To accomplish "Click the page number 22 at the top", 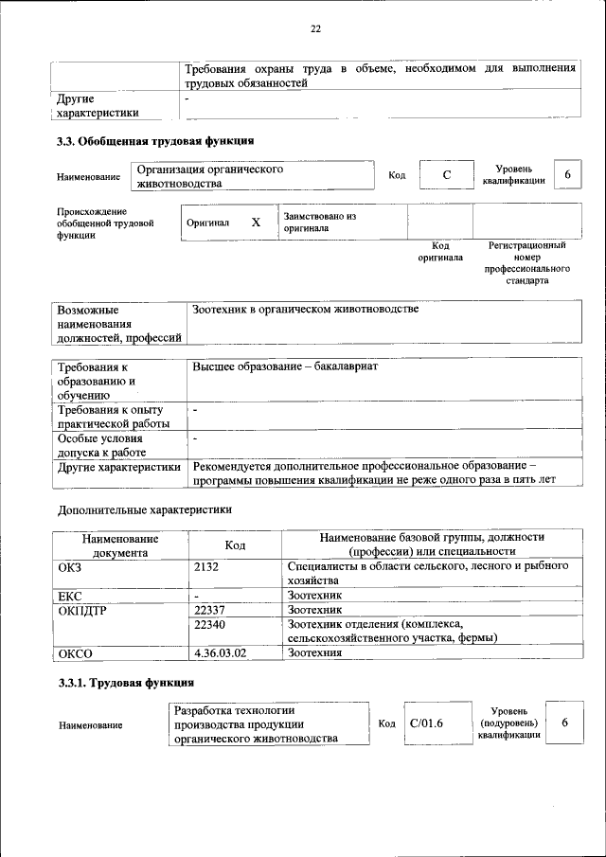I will click(316, 28).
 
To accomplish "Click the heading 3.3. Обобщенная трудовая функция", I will click(155, 141).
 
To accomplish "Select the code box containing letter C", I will click(445, 176).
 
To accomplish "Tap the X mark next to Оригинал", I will click(255, 222).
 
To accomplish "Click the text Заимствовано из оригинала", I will click(319, 222).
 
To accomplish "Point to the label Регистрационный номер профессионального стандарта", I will click(526, 262).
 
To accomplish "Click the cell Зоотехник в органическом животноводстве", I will click(305, 310).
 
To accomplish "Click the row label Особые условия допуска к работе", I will click(101, 446).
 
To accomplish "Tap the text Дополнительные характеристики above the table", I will click(144, 509).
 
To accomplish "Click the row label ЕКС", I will click(70, 595).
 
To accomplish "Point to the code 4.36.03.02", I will click(220, 652).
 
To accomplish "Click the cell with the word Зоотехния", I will click(314, 652).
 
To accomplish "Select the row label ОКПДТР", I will click(82, 610).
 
